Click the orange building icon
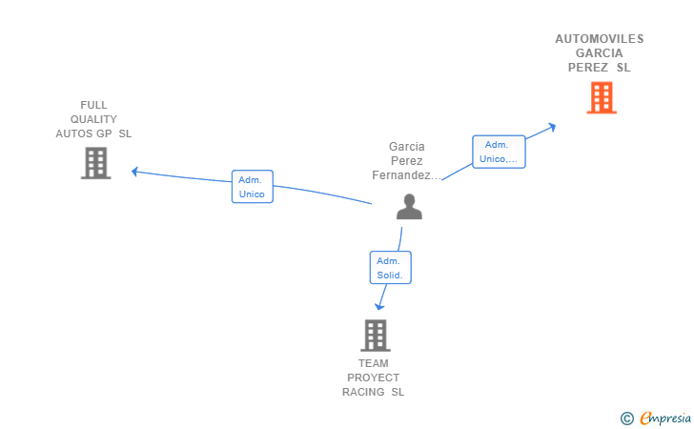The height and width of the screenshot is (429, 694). point(602,98)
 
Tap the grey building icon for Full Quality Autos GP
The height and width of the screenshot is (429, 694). point(95,163)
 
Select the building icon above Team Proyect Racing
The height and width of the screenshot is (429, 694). point(376,336)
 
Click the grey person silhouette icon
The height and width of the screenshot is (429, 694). point(409,207)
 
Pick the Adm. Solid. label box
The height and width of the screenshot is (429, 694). point(391,267)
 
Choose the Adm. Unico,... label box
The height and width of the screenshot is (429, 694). point(499,152)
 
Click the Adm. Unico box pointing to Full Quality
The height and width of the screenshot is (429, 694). point(253,187)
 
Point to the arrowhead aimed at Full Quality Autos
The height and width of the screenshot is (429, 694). point(134,172)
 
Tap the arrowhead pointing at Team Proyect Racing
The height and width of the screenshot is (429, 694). point(379,306)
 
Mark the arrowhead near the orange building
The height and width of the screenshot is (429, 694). point(552,127)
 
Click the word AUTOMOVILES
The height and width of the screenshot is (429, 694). point(600,39)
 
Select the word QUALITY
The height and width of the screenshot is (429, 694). point(93,119)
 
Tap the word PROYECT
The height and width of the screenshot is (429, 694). point(373,378)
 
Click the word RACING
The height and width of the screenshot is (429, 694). point(363,392)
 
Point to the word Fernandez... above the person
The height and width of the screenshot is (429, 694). point(407,175)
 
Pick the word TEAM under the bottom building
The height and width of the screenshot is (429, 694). point(374,363)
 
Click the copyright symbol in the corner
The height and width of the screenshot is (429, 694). point(627,419)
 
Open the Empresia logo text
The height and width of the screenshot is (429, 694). point(665,418)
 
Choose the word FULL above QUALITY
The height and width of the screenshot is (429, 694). point(93,105)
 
